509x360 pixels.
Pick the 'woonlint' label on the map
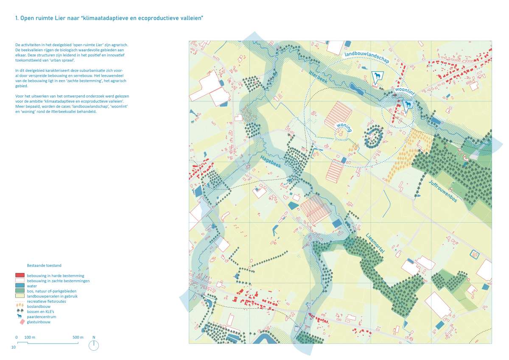click(x=403, y=92)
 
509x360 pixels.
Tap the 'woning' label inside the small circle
click(x=344, y=128)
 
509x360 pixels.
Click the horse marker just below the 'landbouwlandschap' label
click(x=376, y=76)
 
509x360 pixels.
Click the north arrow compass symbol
click(x=94, y=346)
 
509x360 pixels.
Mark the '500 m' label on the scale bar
click(x=78, y=337)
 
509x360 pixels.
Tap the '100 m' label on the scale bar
click(x=29, y=337)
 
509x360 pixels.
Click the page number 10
click(x=14, y=347)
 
